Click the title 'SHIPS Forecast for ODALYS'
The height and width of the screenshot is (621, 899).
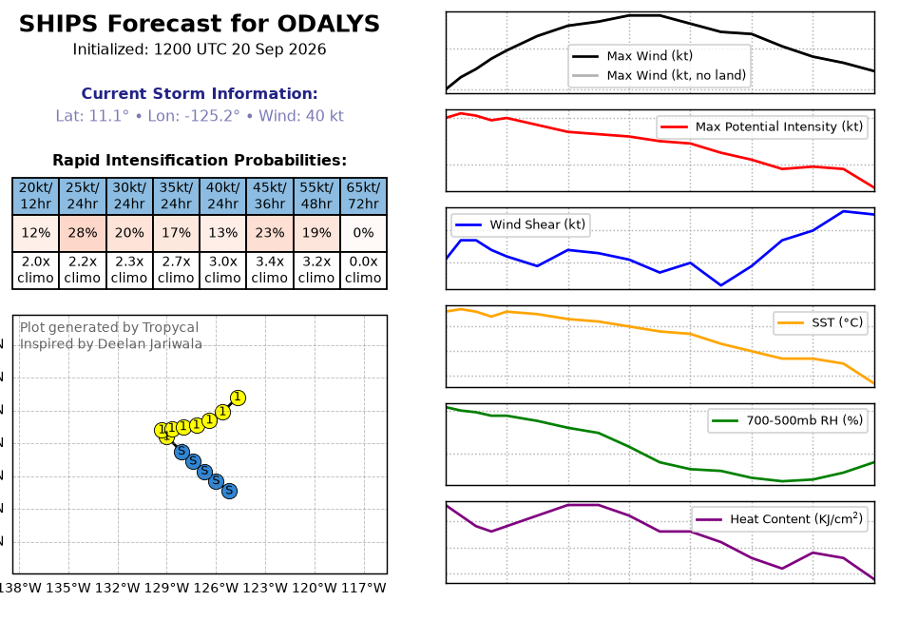pyautogui.click(x=200, y=24)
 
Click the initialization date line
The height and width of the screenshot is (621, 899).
pyautogui.click(x=200, y=49)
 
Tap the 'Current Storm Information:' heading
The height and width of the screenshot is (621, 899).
pyautogui.click(x=200, y=93)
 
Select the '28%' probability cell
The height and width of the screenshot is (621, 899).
pyautogui.click(x=83, y=233)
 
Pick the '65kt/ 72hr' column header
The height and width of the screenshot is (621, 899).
pyautogui.click(x=364, y=196)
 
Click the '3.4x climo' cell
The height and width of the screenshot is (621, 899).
pyautogui.click(x=270, y=270)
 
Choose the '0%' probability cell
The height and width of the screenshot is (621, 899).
pyautogui.click(x=364, y=233)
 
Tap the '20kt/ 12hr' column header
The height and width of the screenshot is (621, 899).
pyautogui.click(x=35, y=196)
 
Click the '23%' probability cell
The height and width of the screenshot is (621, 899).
pyautogui.click(x=270, y=233)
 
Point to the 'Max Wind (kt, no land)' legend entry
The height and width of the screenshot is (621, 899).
pyautogui.click(x=660, y=75)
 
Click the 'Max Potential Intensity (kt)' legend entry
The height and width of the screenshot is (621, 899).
pyautogui.click(x=762, y=126)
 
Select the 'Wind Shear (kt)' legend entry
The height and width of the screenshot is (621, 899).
pyautogui.click(x=521, y=224)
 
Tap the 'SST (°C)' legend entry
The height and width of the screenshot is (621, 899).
pyautogui.click(x=820, y=322)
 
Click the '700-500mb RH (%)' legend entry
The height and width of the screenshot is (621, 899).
pyautogui.click(x=787, y=420)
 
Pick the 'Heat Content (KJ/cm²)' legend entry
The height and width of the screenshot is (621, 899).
pyautogui.click(x=779, y=519)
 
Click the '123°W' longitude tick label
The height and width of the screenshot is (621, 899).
pyautogui.click(x=265, y=589)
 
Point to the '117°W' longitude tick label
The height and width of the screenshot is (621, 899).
pyautogui.click(x=364, y=589)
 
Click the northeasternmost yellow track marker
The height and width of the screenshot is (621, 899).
pyautogui.click(x=238, y=398)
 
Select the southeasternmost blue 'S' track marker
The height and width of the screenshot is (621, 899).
pyautogui.click(x=229, y=491)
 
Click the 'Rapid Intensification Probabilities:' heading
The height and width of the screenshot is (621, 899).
pyautogui.click(x=200, y=160)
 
